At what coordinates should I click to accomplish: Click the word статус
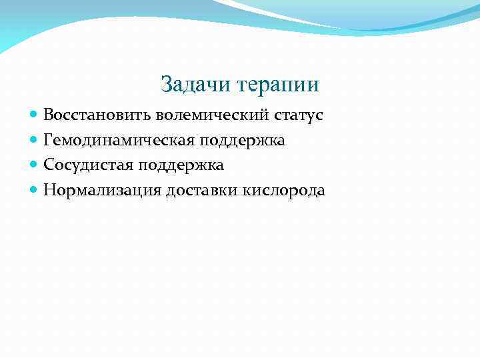[299, 115]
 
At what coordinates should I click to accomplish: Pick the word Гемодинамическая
[119, 141]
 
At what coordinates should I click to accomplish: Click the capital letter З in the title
[167, 85]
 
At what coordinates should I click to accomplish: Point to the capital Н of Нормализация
[49, 191]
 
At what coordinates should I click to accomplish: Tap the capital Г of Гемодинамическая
[48, 140]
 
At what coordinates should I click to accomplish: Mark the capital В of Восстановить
[49, 115]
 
